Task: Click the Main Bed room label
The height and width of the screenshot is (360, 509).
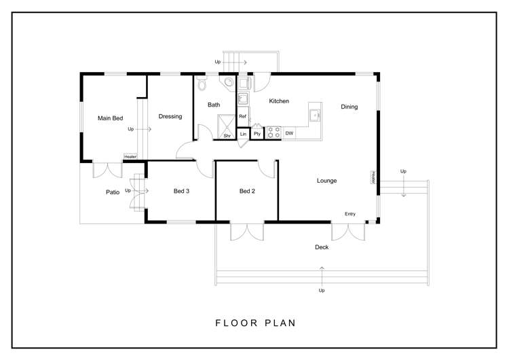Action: click(110, 118)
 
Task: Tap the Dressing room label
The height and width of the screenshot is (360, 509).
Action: click(170, 116)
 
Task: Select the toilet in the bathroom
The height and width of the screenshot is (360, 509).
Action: click(202, 84)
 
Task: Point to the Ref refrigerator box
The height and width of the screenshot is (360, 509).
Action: click(242, 118)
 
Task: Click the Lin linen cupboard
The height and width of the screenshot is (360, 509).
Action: click(243, 134)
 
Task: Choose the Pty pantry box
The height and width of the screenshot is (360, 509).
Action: click(257, 134)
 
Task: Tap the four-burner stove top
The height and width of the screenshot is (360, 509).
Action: click(274, 132)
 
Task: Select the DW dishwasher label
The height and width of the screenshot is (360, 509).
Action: click(289, 133)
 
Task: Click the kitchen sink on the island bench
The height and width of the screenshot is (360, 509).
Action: click(314, 116)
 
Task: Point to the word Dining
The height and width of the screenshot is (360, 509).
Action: click(349, 107)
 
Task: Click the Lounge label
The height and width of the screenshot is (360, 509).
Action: click(326, 181)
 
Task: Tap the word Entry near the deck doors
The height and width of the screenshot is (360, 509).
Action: click(350, 214)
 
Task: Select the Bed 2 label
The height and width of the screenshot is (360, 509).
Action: click(247, 192)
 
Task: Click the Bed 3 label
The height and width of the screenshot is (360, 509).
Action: click(181, 192)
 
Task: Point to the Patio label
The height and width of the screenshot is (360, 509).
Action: click(113, 192)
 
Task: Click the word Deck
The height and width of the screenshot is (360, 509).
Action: click(322, 247)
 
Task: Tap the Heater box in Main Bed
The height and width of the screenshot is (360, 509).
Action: click(130, 157)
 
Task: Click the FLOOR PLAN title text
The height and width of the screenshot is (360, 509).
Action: click(254, 323)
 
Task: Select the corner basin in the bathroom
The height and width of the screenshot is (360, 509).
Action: click(230, 84)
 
